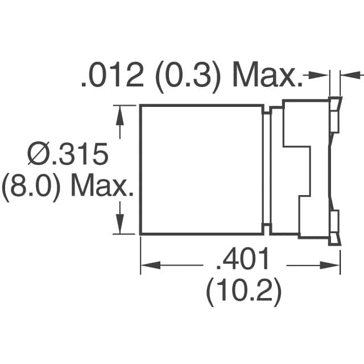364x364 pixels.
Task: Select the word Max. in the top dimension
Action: [x=266, y=76]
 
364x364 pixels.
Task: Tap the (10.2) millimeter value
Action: [x=243, y=293]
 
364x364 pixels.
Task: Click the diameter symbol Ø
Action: [x=38, y=155]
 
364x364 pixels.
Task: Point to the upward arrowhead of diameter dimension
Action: [x=120, y=114]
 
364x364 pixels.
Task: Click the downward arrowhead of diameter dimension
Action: [x=120, y=226]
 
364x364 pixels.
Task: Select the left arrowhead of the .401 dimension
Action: [x=148, y=264]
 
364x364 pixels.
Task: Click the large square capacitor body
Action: [x=201, y=169]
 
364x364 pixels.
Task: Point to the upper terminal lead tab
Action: [x=335, y=117]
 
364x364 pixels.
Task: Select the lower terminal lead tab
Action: [x=335, y=225]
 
